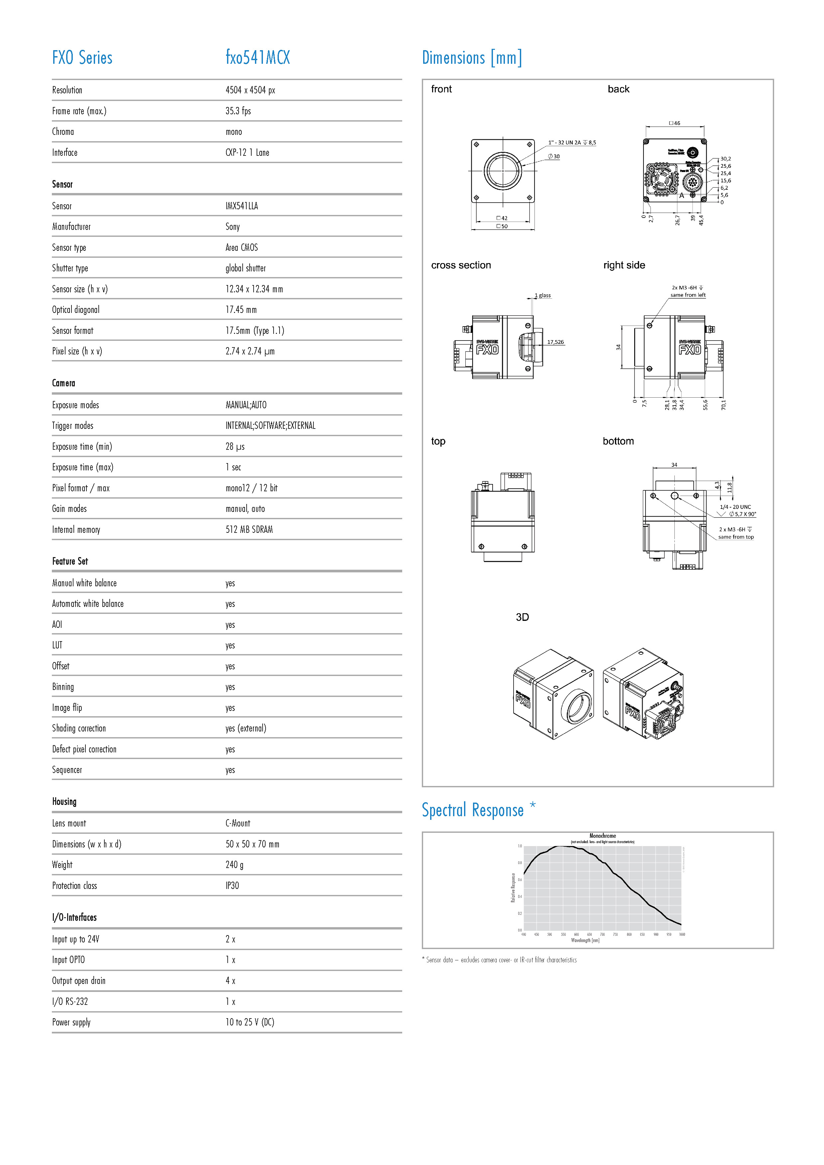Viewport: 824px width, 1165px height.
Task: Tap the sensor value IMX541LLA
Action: (x=242, y=206)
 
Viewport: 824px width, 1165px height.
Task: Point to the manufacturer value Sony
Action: (x=233, y=227)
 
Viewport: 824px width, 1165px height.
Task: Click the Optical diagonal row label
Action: (x=76, y=310)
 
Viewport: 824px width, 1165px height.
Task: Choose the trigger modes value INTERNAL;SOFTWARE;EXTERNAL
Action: (x=270, y=426)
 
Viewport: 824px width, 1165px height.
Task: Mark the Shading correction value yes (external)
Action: (x=246, y=728)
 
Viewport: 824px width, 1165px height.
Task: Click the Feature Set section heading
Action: (x=70, y=561)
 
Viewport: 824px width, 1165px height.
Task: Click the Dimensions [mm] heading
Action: (x=472, y=58)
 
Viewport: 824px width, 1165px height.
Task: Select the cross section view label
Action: (x=461, y=265)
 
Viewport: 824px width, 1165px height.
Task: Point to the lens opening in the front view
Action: (x=503, y=170)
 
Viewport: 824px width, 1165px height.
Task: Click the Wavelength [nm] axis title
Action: (x=585, y=940)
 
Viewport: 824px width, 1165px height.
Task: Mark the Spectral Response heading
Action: (x=473, y=810)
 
